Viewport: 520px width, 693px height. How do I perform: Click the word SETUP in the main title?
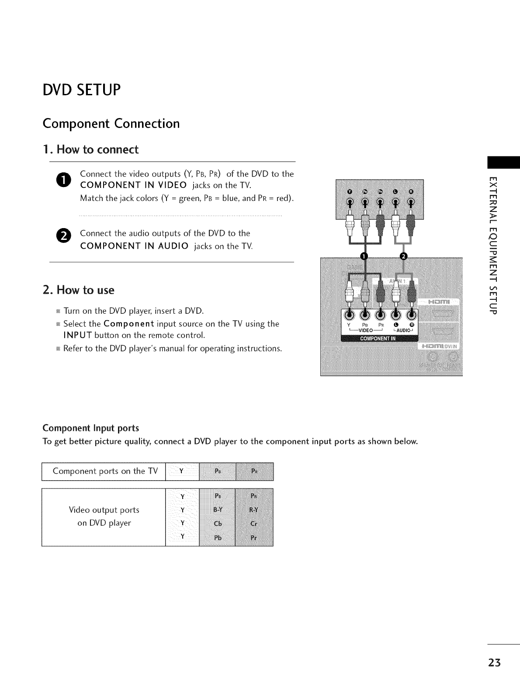pos(96,90)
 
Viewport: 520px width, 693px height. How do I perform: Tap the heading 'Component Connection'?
pos(111,124)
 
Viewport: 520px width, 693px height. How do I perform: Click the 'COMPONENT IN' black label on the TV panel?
pos(378,338)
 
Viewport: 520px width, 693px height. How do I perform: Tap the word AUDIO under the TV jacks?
pos(403,330)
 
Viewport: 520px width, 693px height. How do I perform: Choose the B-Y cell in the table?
pos(217,509)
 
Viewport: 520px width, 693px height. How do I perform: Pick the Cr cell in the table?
pos(254,523)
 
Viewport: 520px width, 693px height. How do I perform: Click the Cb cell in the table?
pos(217,523)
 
